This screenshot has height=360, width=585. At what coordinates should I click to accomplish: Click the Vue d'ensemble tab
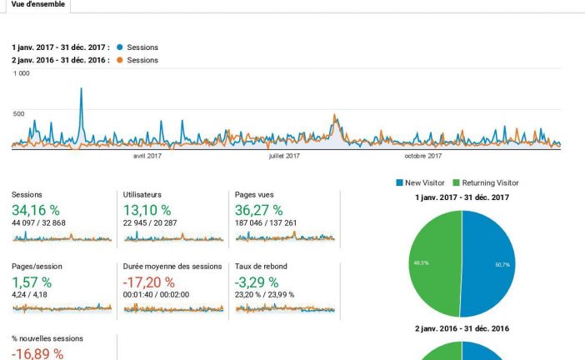(34, 5)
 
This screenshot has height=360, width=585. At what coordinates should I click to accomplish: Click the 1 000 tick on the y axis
(22, 73)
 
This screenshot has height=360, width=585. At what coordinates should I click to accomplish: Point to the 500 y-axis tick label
(18, 113)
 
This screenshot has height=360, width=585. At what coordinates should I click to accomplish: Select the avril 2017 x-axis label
(147, 155)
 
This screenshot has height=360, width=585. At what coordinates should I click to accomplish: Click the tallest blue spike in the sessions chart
(81, 90)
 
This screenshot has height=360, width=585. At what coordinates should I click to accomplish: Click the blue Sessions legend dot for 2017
(121, 47)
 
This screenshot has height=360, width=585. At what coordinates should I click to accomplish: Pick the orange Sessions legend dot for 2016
(121, 60)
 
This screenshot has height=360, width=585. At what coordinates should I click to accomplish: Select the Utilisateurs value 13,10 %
(147, 210)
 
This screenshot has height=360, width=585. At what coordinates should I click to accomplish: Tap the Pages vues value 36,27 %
(259, 210)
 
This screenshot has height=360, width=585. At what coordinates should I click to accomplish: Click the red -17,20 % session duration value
(149, 281)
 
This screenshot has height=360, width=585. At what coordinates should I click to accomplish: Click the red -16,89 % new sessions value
(37, 353)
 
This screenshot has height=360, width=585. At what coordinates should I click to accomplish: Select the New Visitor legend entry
(425, 182)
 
